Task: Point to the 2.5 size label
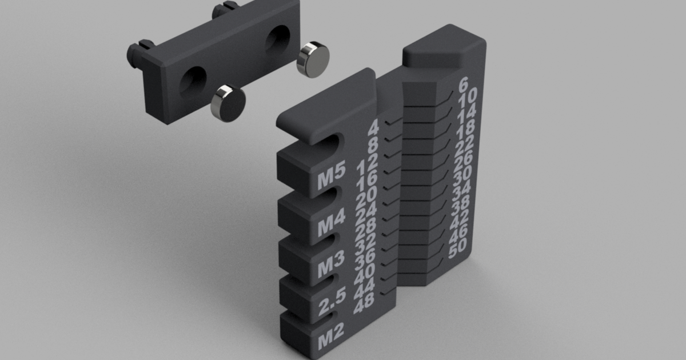(331, 307)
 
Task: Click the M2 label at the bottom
(331, 343)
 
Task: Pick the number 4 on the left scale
(373, 127)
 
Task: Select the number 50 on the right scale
(458, 249)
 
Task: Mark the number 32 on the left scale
(365, 246)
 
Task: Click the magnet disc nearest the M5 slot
(228, 103)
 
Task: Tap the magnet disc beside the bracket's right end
(314, 59)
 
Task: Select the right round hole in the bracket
(277, 39)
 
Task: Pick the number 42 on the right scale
(460, 219)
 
